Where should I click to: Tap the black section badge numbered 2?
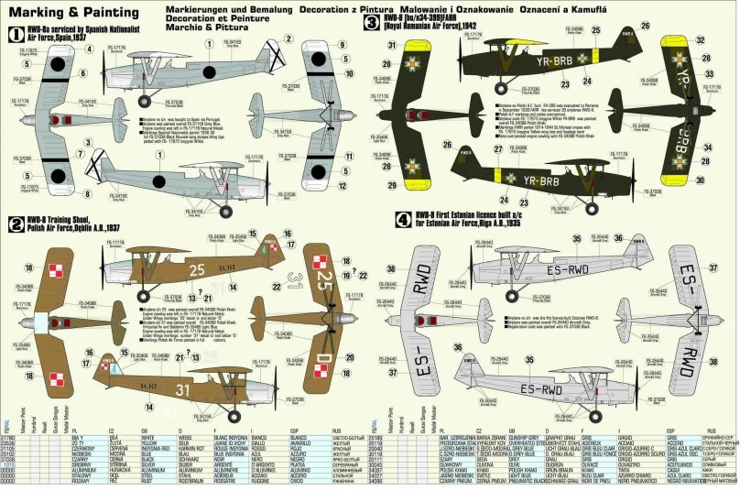(14, 223)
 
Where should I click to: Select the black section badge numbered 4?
(376, 220)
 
